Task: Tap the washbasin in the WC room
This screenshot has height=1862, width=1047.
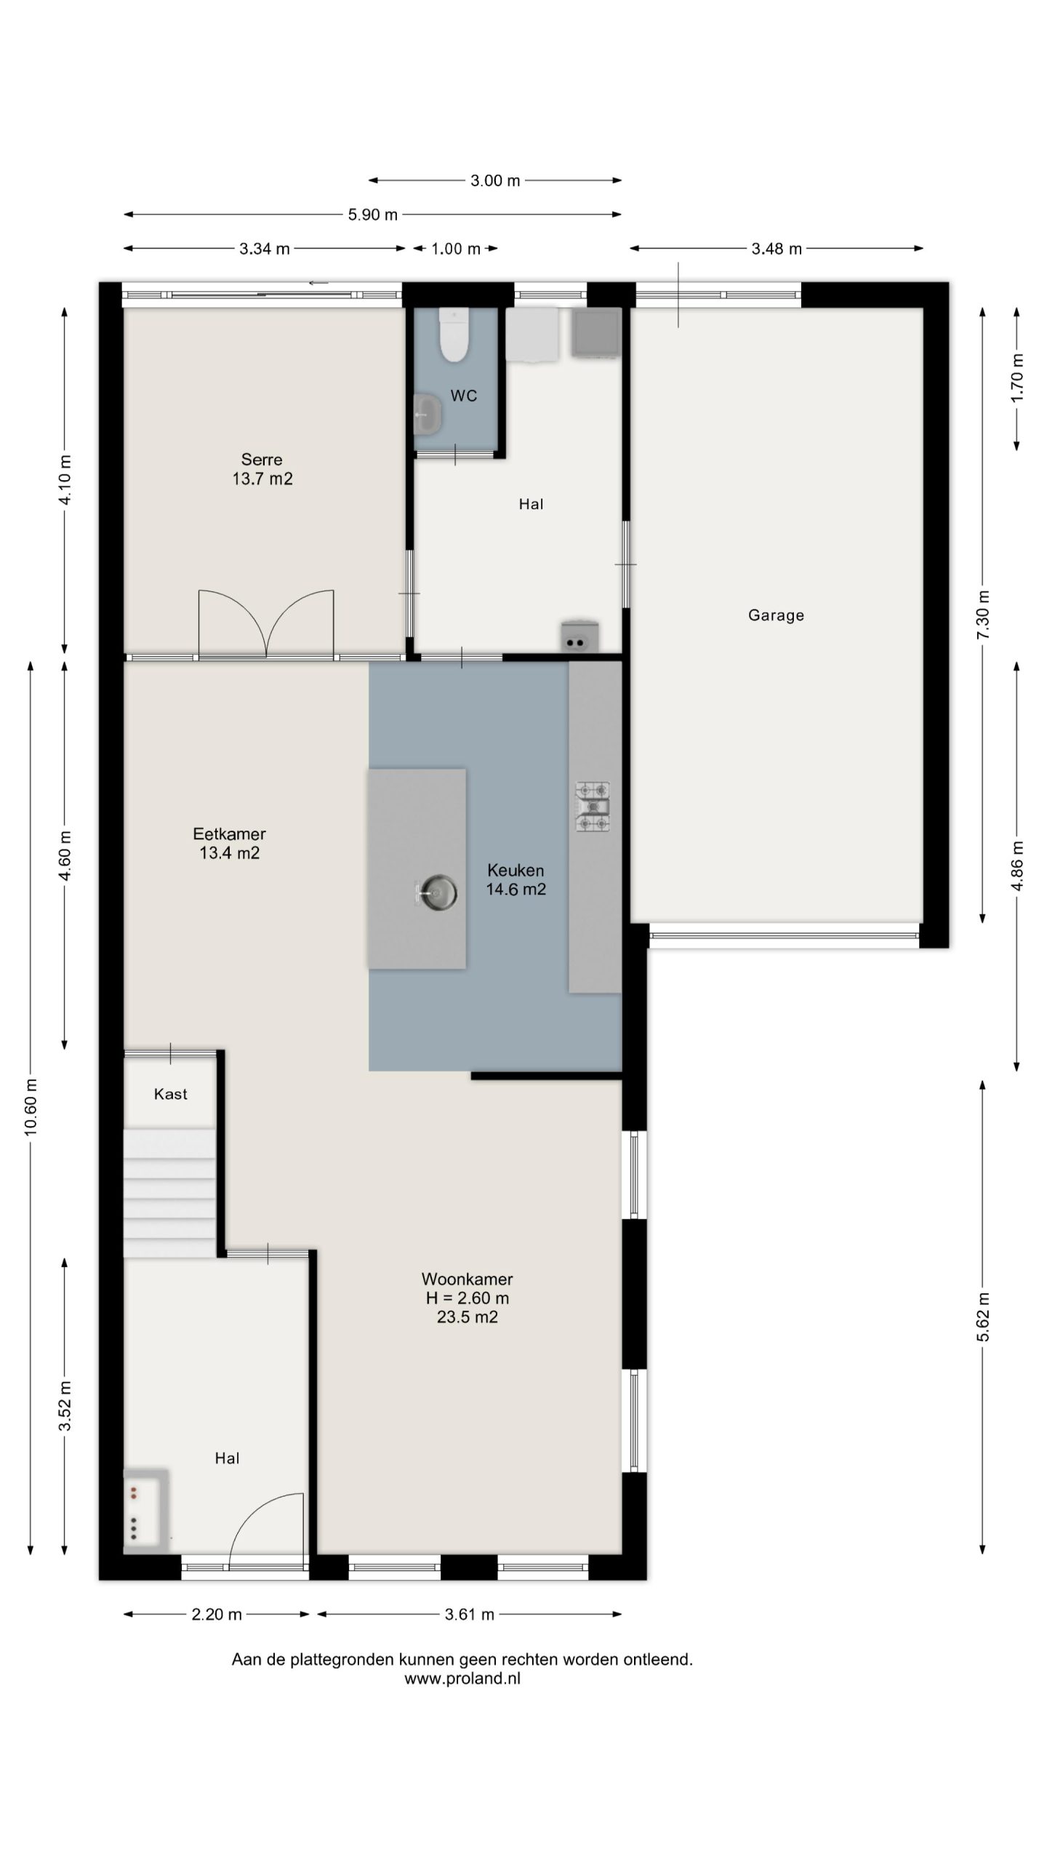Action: pyautogui.click(x=428, y=413)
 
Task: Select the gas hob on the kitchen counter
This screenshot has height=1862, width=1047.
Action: pyautogui.click(x=593, y=807)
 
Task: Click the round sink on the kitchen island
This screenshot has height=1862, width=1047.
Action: pyautogui.click(x=437, y=892)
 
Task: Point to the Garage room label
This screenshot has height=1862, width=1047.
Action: pyautogui.click(x=776, y=615)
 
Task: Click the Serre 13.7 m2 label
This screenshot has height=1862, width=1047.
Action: pyautogui.click(x=262, y=469)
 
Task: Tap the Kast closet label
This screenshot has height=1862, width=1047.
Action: pyautogui.click(x=171, y=1094)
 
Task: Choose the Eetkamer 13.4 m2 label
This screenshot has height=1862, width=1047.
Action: pyautogui.click(x=229, y=844)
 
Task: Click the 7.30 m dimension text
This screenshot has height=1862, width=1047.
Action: pyautogui.click(x=983, y=615)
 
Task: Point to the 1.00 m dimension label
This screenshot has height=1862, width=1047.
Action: pyautogui.click(x=456, y=249)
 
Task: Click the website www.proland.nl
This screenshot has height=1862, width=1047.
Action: pyautogui.click(x=462, y=1679)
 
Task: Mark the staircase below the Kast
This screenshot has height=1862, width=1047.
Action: pyautogui.click(x=169, y=1193)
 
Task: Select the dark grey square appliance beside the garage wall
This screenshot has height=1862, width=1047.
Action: pyautogui.click(x=596, y=332)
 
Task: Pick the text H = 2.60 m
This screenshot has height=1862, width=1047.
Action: pyautogui.click(x=468, y=1298)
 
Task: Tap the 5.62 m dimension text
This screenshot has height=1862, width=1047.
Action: pyautogui.click(x=983, y=1317)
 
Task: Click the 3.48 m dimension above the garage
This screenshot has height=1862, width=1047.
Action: pyautogui.click(x=777, y=249)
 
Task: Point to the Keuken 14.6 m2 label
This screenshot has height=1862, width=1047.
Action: pyautogui.click(x=516, y=879)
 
